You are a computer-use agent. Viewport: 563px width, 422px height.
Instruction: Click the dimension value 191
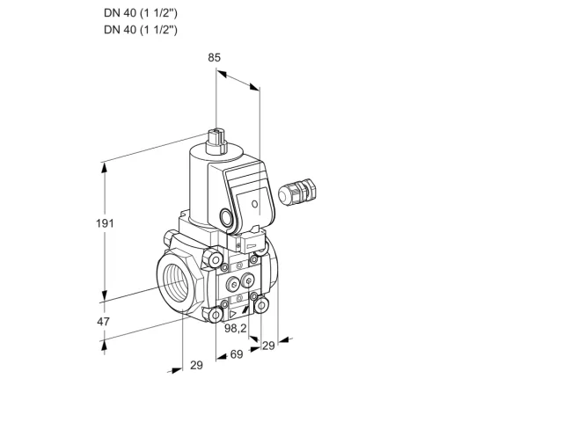105,223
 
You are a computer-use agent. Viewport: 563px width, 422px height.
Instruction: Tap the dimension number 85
215,57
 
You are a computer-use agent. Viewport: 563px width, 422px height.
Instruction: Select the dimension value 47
104,322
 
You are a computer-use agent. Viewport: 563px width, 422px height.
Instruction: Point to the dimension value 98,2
236,328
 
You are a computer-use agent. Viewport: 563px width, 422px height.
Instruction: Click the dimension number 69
237,354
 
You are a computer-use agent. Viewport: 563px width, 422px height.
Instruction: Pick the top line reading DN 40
141,13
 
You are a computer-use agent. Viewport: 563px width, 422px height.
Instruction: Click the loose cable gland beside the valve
297,192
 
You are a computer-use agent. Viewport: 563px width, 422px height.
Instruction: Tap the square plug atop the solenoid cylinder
216,142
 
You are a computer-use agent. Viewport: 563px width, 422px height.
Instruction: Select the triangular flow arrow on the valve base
233,315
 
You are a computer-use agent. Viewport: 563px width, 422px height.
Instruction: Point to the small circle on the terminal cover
254,204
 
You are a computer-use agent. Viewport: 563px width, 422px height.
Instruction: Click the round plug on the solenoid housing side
226,217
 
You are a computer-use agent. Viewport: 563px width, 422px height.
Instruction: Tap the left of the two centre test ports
233,285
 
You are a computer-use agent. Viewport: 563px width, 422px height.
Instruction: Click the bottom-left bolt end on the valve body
216,316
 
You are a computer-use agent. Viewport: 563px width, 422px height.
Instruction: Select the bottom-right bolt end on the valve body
262,305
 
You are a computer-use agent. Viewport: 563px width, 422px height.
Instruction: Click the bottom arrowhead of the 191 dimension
105,295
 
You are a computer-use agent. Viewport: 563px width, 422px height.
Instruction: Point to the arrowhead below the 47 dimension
104,346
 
